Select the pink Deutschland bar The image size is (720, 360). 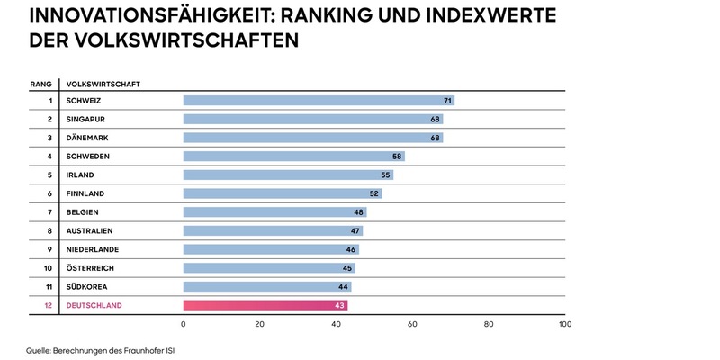(265, 306)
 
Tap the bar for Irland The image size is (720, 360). (288, 175)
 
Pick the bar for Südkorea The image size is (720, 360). (267, 287)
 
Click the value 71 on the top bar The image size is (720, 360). (447, 100)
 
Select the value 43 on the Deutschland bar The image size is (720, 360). (340, 306)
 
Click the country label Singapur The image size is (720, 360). (86, 119)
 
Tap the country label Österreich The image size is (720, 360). (91, 268)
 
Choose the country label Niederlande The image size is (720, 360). (94, 249)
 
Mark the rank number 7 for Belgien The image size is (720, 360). (49, 212)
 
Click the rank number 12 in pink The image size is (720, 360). (48, 306)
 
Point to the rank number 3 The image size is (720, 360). (49, 138)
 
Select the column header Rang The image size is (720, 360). (40, 84)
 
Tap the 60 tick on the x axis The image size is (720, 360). (412, 324)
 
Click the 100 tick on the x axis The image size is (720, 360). (564, 324)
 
